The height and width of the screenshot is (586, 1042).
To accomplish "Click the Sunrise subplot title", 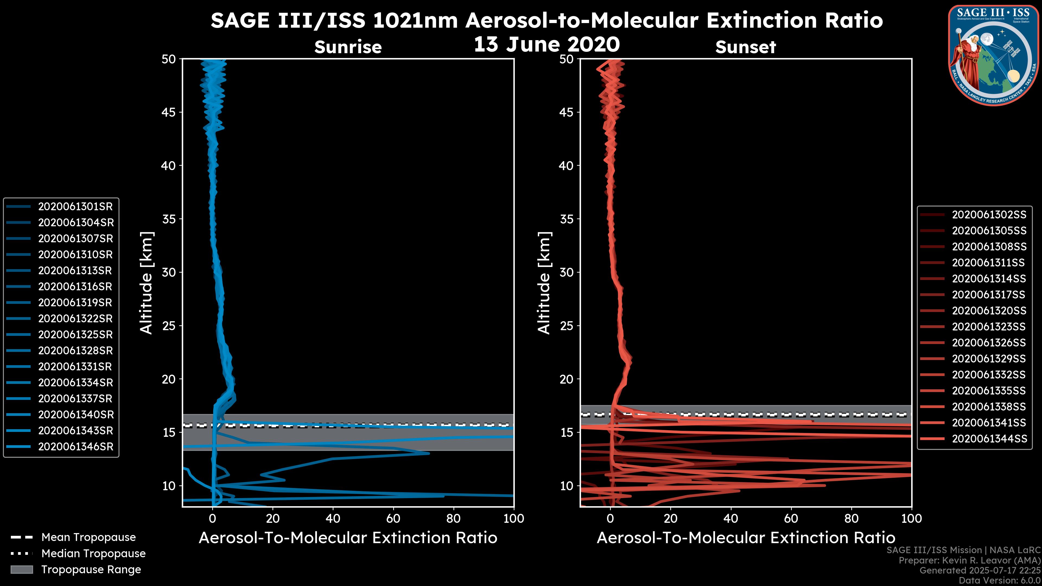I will click(x=348, y=47).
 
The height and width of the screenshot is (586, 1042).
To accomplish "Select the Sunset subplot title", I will click(x=745, y=47).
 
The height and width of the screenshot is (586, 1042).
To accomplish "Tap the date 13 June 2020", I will click(x=547, y=44).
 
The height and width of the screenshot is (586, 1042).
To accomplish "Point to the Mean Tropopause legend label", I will click(x=88, y=537).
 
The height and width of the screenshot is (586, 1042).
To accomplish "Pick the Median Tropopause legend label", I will click(x=93, y=554).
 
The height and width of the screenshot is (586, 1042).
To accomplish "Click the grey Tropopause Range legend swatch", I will click(x=21, y=570).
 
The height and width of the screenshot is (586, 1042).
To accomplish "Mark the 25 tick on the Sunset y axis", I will click(x=567, y=326).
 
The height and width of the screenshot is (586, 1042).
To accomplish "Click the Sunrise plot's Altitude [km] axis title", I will click(x=147, y=283).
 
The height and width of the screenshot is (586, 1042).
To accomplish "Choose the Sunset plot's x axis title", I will click(x=745, y=538).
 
